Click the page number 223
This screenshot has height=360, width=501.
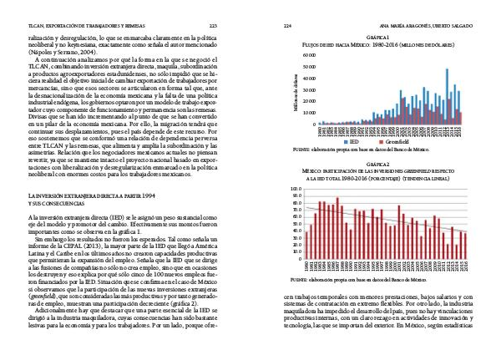(x=213, y=26)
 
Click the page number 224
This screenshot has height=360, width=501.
(x=288, y=26)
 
